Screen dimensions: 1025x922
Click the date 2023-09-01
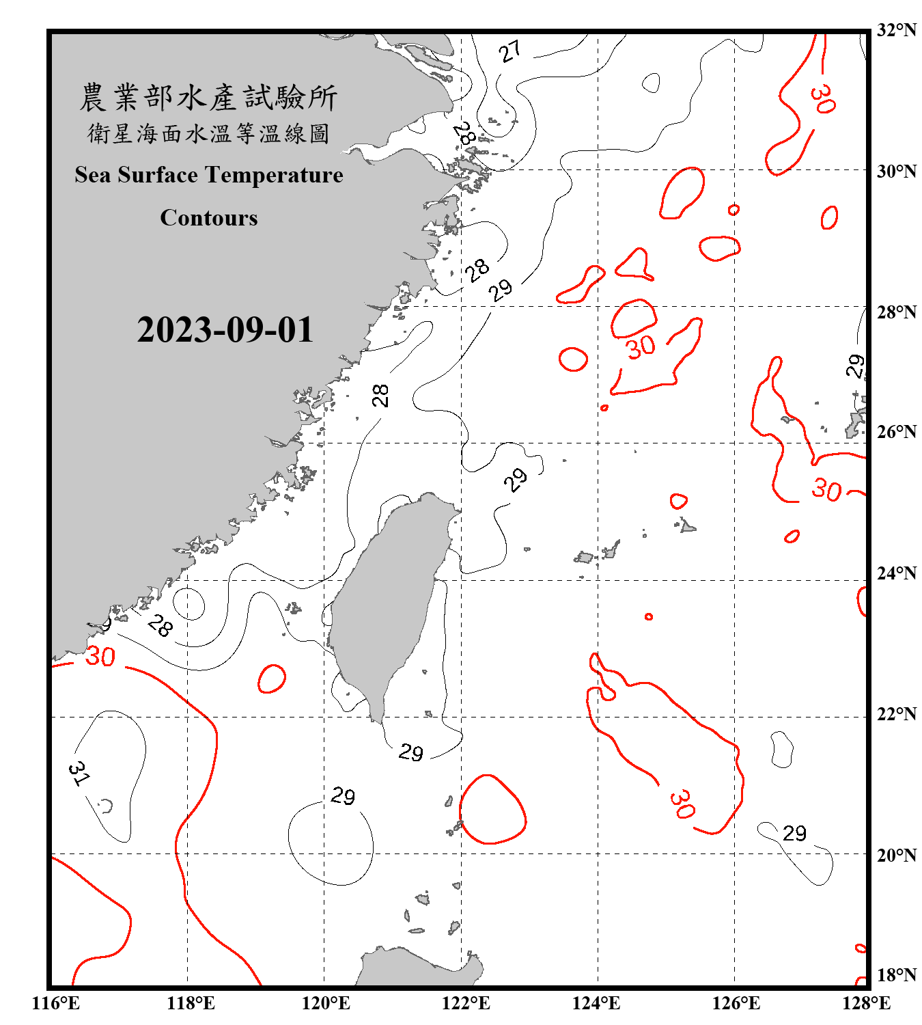(225, 329)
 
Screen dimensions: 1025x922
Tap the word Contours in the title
(209, 217)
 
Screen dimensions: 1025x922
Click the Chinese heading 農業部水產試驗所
(208, 97)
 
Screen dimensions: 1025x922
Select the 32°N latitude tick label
(896, 30)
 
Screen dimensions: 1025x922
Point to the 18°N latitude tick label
(896, 975)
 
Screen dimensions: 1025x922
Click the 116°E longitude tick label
(56, 1003)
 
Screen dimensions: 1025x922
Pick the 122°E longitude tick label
(466, 1003)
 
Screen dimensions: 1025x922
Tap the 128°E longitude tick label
(866, 1003)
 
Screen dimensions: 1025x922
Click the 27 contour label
(509, 51)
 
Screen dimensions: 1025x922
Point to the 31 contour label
(79, 773)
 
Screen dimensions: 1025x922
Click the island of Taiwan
(389, 601)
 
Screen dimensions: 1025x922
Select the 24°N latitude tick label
(896, 573)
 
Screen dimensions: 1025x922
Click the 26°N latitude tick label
(896, 432)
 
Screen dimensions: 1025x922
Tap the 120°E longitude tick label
(326, 1003)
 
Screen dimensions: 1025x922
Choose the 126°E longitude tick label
(736, 1003)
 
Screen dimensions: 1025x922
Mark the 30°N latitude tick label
(896, 171)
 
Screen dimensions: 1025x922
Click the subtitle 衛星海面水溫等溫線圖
(208, 133)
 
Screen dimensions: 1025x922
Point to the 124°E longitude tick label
(596, 1003)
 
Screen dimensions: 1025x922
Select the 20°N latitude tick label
(896, 855)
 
